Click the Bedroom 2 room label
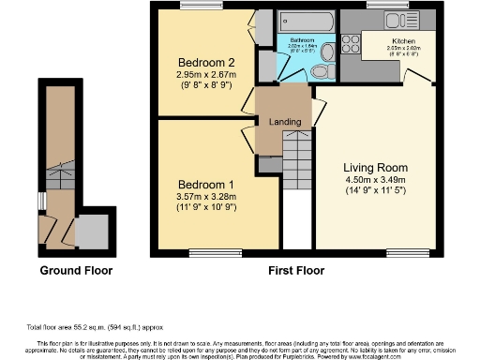pyautogui.click(x=198, y=61)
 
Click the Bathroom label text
pyautogui.click(x=302, y=41)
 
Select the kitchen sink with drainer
pyautogui.click(x=378, y=22)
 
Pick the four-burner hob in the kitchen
pyautogui.click(x=352, y=41)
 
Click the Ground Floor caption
pyautogui.click(x=76, y=271)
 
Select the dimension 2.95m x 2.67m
pyautogui.click(x=198, y=73)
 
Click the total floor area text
pyautogui.click(x=94, y=328)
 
